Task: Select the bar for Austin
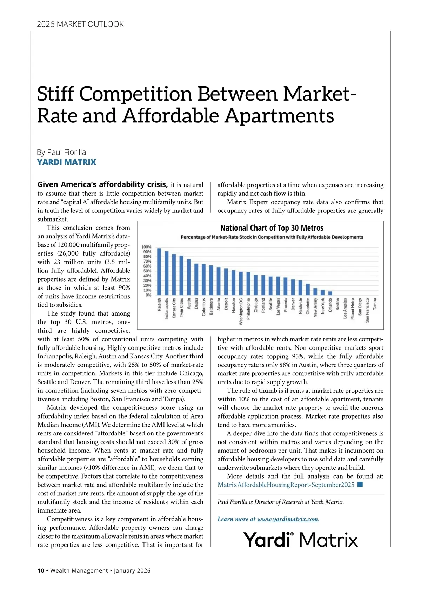point(189,277)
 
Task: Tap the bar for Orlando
point(330,293)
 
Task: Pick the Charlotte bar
point(308,289)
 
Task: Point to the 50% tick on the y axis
point(147,271)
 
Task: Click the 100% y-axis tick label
point(146,247)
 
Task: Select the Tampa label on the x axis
point(375,304)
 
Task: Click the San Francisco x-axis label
point(367,310)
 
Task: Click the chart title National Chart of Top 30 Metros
point(272,228)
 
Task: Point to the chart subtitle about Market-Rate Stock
point(272,237)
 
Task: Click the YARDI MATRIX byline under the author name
point(67,162)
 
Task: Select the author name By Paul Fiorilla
point(61,152)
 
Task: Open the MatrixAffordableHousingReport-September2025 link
point(286,485)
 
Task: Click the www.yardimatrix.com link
point(287,519)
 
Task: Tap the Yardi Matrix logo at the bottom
point(301,540)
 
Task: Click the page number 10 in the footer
point(41,570)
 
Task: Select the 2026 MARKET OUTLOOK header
point(80,24)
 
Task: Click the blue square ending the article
point(360,485)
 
